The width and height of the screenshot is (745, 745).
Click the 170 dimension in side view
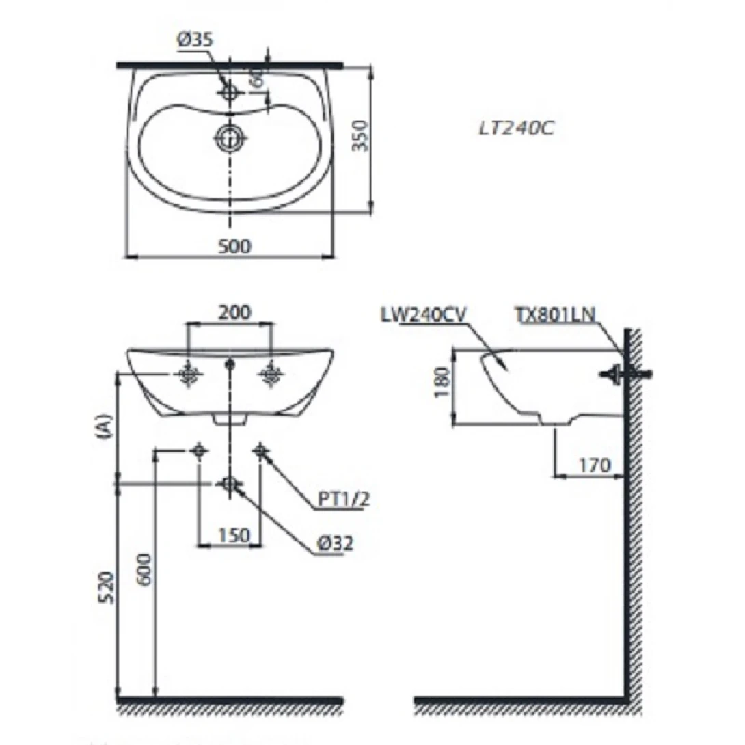[x=595, y=465]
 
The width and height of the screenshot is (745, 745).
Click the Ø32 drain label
[x=334, y=543]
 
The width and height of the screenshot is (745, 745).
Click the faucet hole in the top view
[x=230, y=92]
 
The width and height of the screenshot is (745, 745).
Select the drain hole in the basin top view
[x=230, y=139]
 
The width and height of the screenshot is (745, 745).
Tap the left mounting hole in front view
[x=189, y=375]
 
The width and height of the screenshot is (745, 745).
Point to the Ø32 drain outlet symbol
[x=229, y=484]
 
